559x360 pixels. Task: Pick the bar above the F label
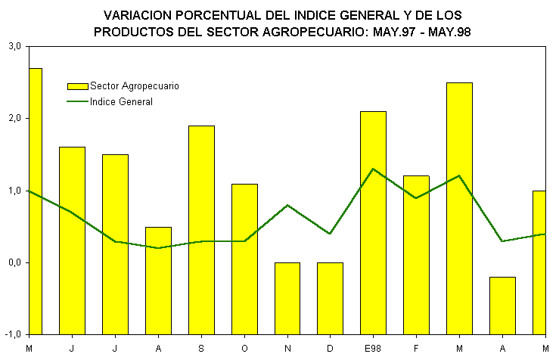tap(416, 219)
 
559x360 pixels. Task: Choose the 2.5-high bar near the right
tap(459, 170)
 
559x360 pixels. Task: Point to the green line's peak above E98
tap(374, 169)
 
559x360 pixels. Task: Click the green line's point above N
tap(287, 205)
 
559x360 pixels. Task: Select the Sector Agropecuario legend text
tap(135, 86)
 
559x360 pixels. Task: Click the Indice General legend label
tap(121, 101)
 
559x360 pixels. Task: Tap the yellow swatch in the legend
tap(77, 86)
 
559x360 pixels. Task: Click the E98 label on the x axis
tap(373, 348)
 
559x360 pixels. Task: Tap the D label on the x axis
tap(331, 348)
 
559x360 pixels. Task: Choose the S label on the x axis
tap(201, 348)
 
